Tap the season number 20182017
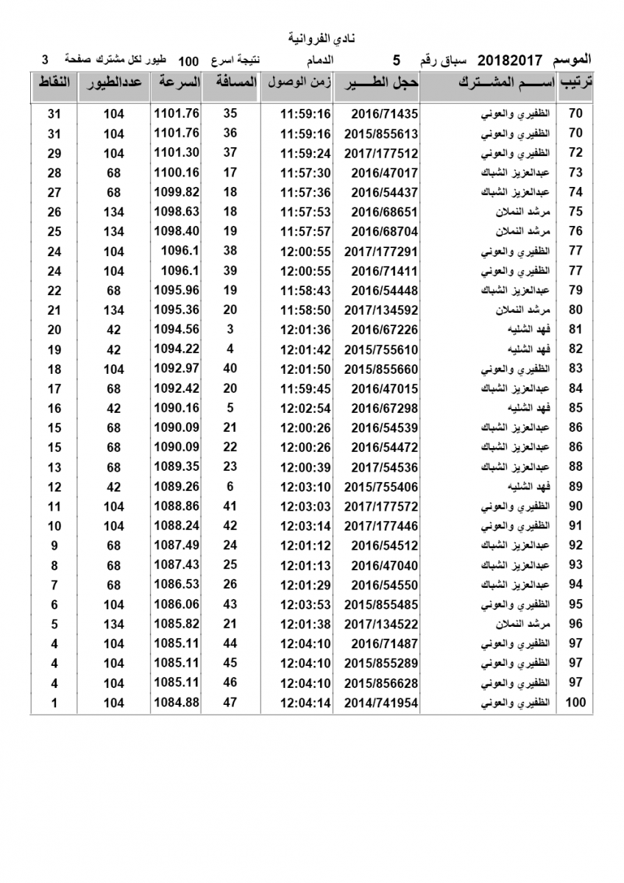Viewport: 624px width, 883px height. coord(511,60)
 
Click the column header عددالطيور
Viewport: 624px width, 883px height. coord(114,82)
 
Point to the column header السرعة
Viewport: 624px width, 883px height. coord(177,82)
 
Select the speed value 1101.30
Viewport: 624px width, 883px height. coord(177,153)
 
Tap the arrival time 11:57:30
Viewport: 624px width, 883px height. coord(305,173)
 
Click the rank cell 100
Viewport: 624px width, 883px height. coord(575,703)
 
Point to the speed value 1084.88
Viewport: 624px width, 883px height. coord(177,703)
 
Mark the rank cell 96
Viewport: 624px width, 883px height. coord(575,624)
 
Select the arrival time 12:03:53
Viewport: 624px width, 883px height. coord(305,605)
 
